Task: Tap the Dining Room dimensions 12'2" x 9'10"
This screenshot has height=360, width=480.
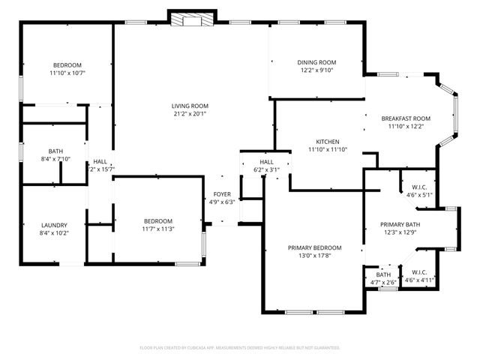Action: click(x=317, y=71)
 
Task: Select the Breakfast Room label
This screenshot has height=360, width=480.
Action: click(x=406, y=118)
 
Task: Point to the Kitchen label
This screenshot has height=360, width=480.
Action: click(x=328, y=142)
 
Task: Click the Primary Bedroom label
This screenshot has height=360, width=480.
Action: click(x=315, y=247)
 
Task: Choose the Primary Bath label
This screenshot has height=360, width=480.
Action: click(x=400, y=224)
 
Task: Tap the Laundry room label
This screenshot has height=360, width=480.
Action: click(x=55, y=224)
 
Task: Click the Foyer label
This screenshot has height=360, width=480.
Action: click(x=222, y=194)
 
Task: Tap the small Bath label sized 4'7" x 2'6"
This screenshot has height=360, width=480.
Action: click(x=383, y=275)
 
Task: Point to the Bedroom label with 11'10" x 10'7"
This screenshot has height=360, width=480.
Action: click(x=67, y=65)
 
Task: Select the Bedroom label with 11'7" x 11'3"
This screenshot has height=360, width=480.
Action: click(x=159, y=220)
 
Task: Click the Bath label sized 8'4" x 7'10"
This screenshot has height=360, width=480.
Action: click(x=55, y=151)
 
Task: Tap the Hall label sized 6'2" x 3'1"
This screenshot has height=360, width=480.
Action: click(x=265, y=162)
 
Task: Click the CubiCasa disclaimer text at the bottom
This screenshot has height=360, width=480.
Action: click(x=240, y=348)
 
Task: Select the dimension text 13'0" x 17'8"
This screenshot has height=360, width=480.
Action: click(x=315, y=256)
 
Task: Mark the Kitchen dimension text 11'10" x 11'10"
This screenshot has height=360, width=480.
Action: click(x=328, y=150)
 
